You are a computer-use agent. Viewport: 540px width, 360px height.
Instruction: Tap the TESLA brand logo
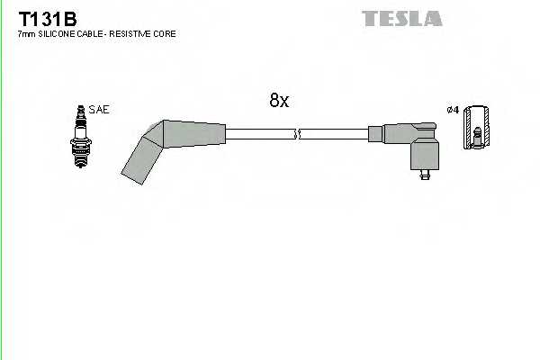coord(401,18)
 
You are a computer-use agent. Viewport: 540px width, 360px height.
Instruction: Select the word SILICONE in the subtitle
coord(55,34)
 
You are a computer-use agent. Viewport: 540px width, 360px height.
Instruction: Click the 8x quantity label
coord(279,102)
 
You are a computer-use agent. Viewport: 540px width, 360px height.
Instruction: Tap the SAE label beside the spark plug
coord(99,110)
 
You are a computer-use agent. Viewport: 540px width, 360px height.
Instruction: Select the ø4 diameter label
coord(453,110)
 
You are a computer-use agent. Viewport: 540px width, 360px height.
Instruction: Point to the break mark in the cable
coord(297,134)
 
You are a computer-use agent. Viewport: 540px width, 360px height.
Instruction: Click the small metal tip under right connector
coord(424,178)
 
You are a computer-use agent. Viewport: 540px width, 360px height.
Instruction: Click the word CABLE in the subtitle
coord(88,34)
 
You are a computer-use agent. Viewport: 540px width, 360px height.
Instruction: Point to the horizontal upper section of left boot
coord(193,133)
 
